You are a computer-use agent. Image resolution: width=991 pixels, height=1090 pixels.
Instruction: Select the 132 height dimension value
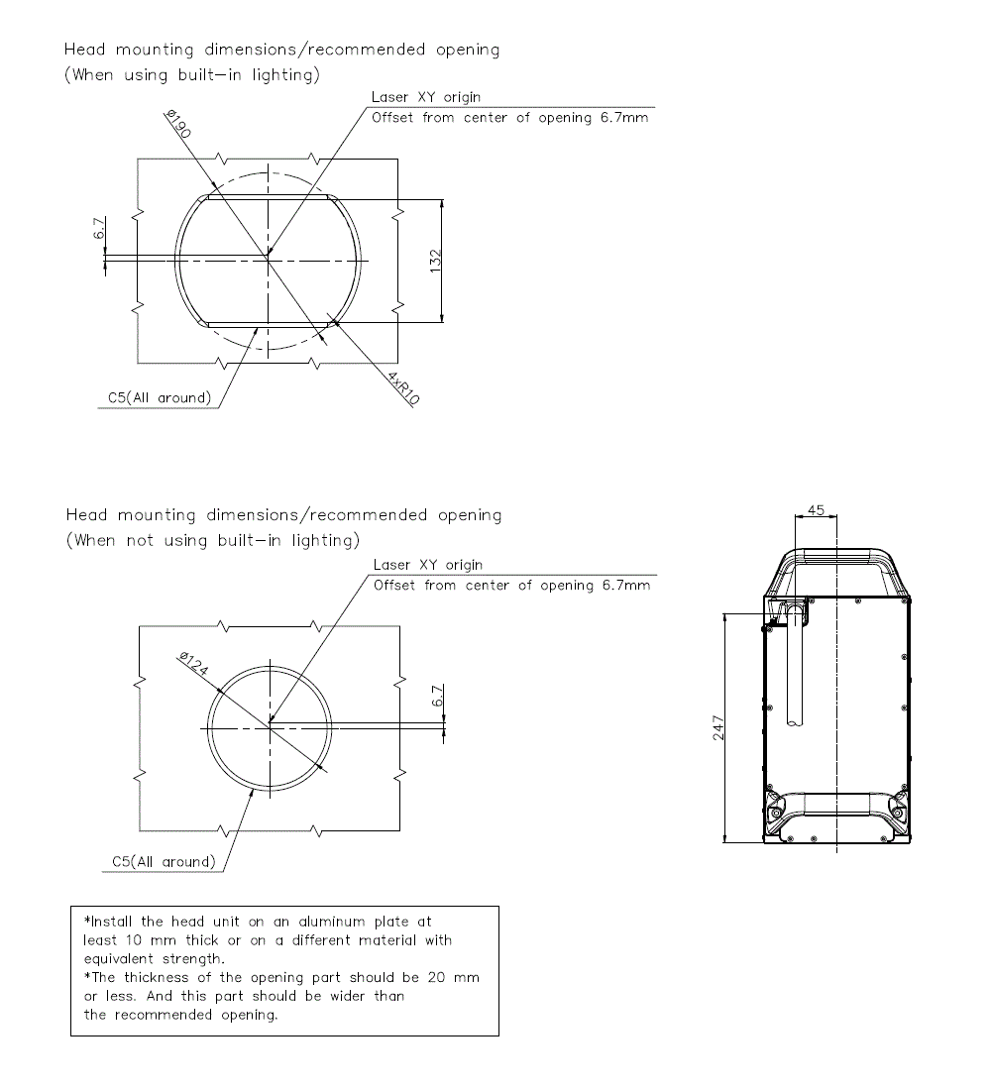coord(435,260)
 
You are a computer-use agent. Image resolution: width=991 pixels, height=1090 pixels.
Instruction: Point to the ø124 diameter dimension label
coord(194,665)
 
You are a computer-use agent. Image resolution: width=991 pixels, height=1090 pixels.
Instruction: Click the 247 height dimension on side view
coord(719,728)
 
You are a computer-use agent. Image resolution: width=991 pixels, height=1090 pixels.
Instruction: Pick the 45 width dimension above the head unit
coord(817,509)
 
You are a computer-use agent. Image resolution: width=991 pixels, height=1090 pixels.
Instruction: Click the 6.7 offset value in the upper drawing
coord(99,229)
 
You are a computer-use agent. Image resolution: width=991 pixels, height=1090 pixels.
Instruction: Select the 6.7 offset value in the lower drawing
coord(437,696)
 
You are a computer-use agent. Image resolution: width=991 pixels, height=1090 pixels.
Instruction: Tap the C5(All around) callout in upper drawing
coord(160,398)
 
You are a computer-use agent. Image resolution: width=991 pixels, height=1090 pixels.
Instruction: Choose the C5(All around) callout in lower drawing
coord(164,862)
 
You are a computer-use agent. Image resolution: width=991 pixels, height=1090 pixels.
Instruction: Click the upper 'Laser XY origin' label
coord(426,98)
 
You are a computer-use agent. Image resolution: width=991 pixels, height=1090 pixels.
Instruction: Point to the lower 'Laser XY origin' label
coord(428,565)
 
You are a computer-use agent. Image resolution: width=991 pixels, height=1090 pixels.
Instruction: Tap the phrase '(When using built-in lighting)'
coord(191,76)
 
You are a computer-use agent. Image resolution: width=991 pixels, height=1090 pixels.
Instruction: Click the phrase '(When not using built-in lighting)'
coord(211,541)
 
